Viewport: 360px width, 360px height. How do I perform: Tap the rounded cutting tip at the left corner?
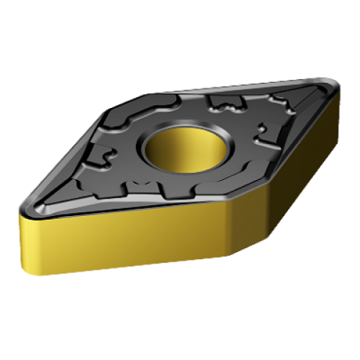(x=24, y=208)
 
